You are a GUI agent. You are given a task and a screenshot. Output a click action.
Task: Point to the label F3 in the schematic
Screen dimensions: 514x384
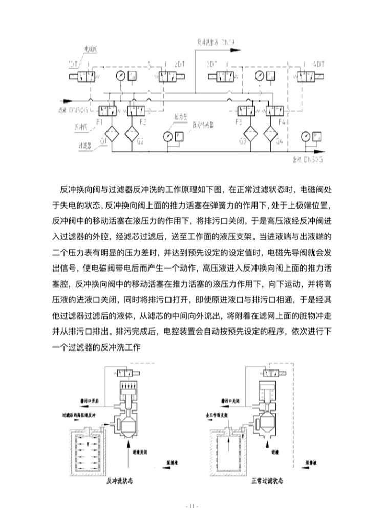[238, 122]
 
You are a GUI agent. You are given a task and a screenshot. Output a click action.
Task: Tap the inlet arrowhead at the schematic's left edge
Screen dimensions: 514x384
[77, 100]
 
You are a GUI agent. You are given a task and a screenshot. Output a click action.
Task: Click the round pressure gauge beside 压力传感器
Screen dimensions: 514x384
[168, 136]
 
